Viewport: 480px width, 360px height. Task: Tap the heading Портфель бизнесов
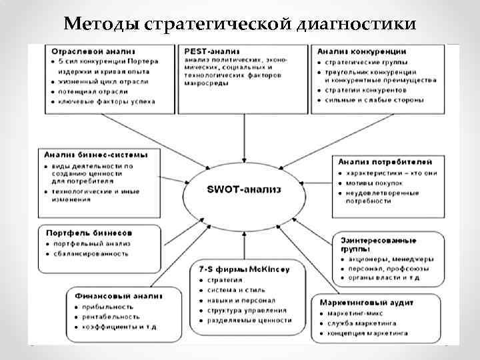click(88, 233)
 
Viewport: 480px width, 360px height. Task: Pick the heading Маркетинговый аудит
click(365, 302)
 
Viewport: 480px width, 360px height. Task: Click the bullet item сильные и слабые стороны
click(374, 101)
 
